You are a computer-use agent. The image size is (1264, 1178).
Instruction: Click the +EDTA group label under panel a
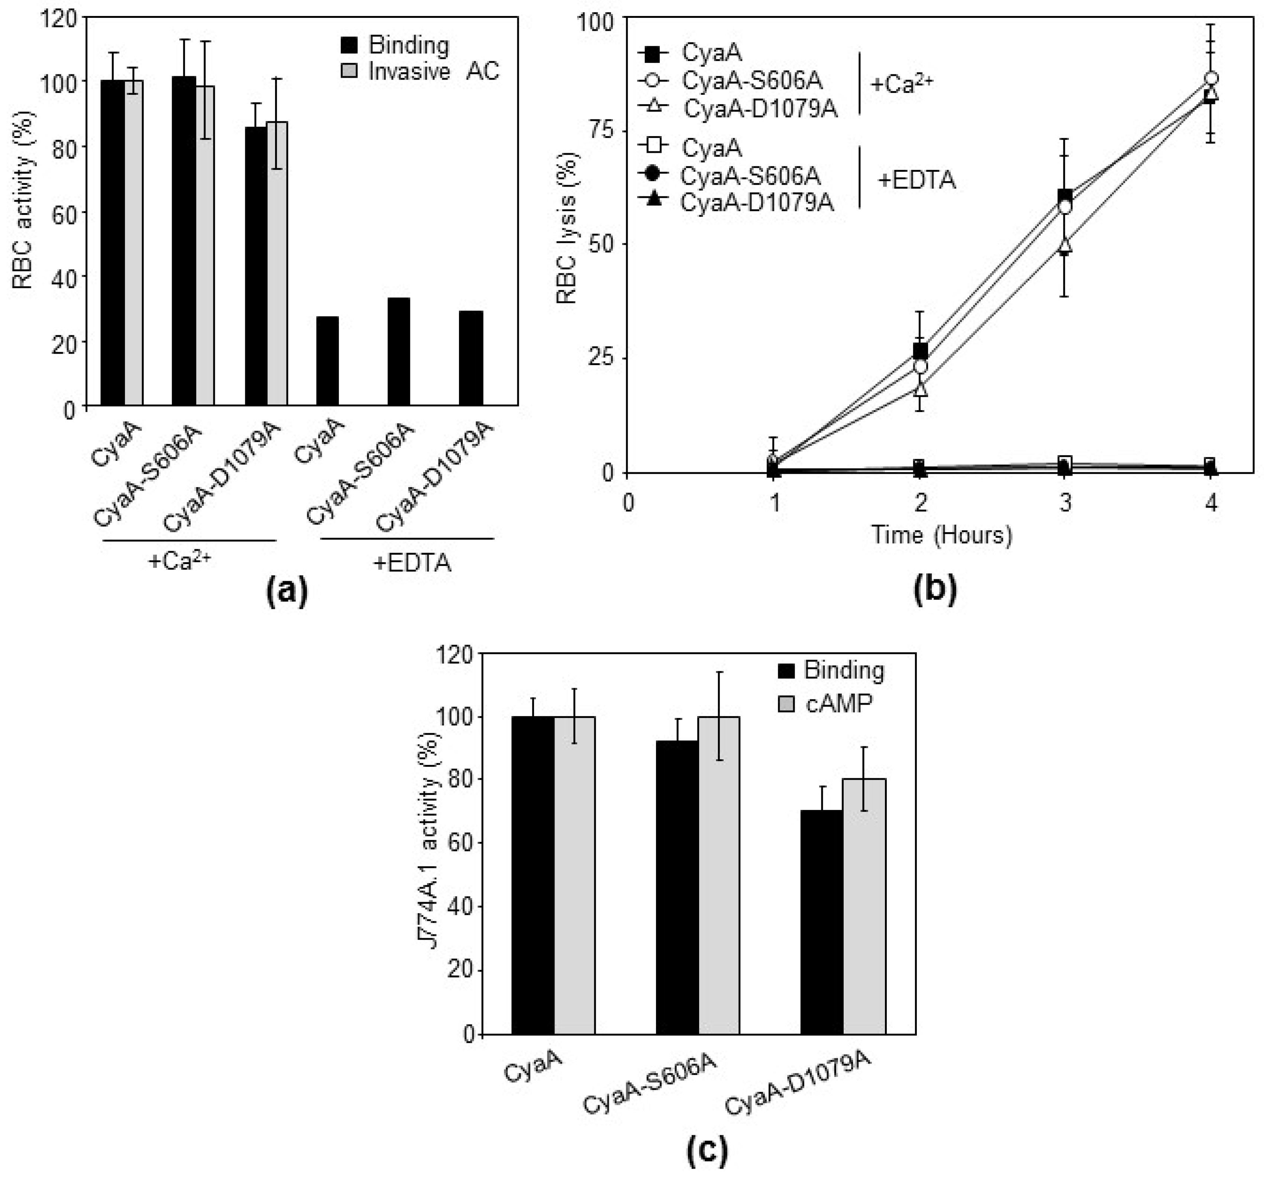tap(412, 563)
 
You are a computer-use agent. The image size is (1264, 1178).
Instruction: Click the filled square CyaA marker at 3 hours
tap(1066, 196)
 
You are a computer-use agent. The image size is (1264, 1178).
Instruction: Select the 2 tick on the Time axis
tap(921, 503)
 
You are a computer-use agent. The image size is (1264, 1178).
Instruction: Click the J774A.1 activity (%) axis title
tap(432, 843)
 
